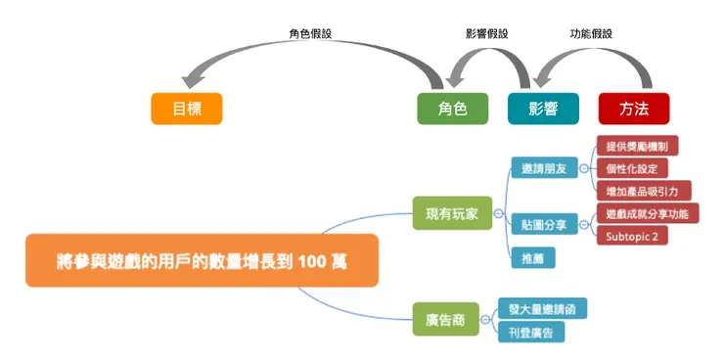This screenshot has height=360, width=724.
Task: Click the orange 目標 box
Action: (x=186, y=108)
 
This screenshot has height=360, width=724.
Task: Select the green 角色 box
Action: (x=453, y=108)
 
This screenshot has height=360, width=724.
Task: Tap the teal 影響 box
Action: (x=543, y=108)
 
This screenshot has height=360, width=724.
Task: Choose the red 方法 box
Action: (x=633, y=108)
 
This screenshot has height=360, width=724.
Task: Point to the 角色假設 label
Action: (x=309, y=33)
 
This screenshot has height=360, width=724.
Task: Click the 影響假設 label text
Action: (x=487, y=33)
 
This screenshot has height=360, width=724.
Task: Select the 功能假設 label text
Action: (x=591, y=33)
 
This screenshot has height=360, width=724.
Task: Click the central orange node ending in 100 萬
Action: (x=202, y=260)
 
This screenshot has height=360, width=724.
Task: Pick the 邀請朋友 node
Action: (x=544, y=168)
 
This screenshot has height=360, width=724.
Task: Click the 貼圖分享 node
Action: (x=544, y=224)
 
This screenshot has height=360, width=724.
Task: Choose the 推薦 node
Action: (x=532, y=258)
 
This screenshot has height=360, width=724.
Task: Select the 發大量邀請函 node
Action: (x=541, y=309)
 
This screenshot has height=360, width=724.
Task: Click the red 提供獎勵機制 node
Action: (x=636, y=146)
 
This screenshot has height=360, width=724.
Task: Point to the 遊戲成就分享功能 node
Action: (x=646, y=213)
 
